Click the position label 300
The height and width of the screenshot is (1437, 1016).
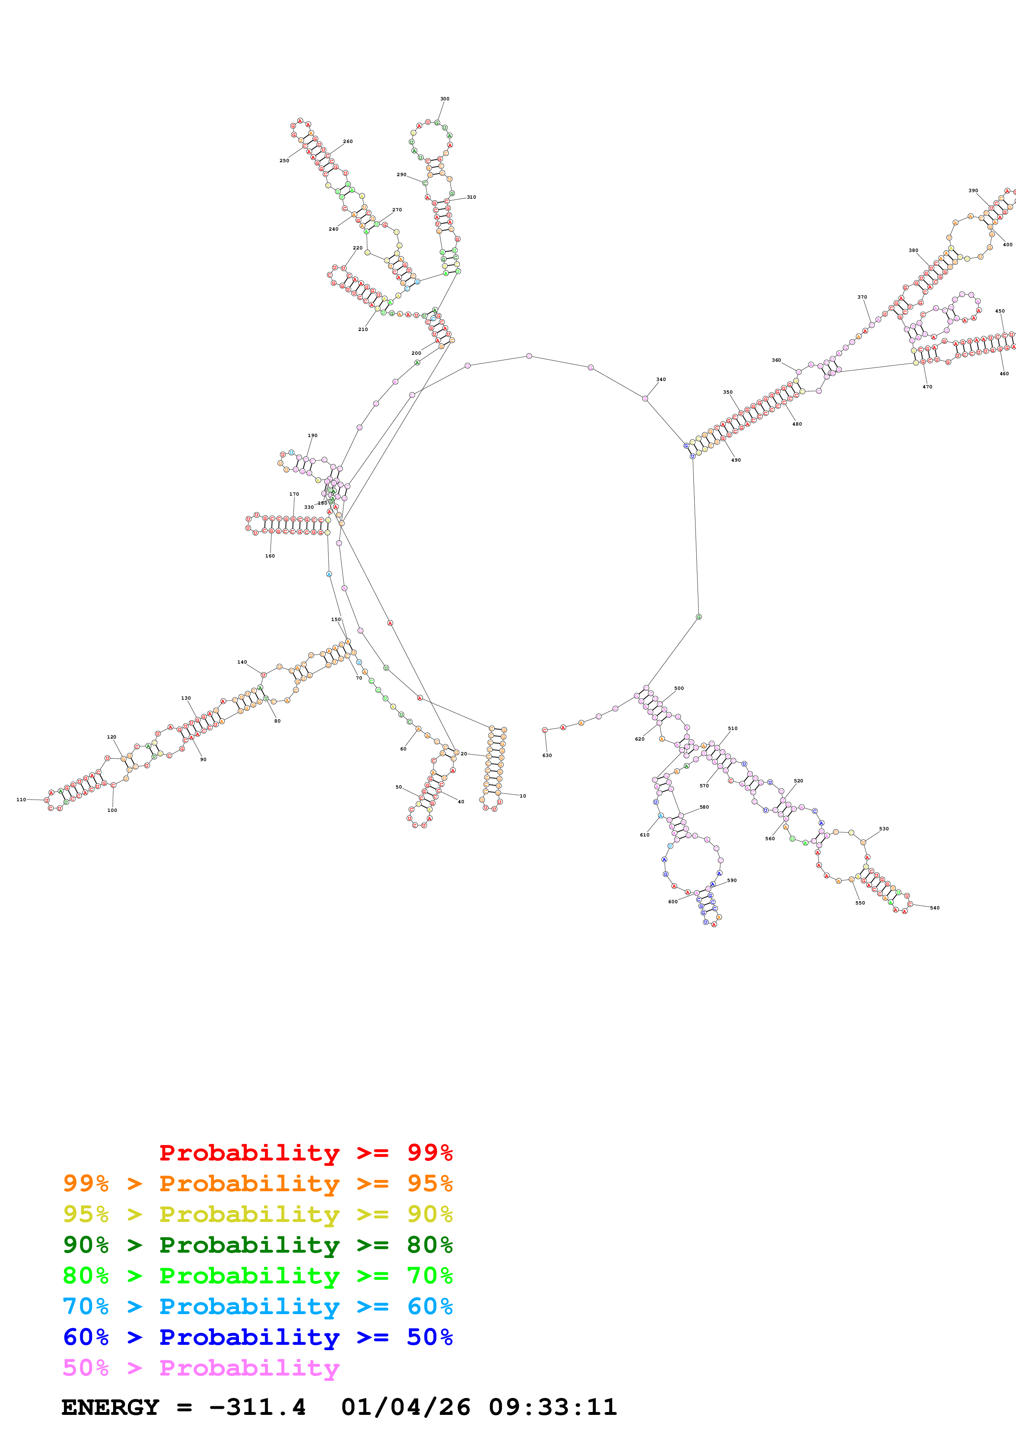pos(444,99)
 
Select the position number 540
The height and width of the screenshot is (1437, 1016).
pos(934,907)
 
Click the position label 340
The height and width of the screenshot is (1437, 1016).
pos(661,379)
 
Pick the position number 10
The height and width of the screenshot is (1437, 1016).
pos(523,796)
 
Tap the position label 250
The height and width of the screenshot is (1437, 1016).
pos(284,161)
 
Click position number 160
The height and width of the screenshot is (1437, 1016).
pos(270,556)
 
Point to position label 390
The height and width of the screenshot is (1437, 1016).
pos(973,191)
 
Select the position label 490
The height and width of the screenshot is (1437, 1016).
pos(736,460)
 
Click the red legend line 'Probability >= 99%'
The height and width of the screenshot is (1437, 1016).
pos(305,1153)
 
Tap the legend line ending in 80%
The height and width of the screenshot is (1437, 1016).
pos(257,1245)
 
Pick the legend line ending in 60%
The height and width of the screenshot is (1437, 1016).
pos(257,1306)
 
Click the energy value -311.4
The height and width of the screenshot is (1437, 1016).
pos(257,1407)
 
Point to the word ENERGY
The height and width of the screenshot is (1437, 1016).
pos(110,1407)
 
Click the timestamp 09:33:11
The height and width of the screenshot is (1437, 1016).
pos(553,1407)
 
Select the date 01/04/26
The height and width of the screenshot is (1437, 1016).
pos(406,1407)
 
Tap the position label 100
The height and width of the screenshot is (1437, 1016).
pos(112,811)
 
